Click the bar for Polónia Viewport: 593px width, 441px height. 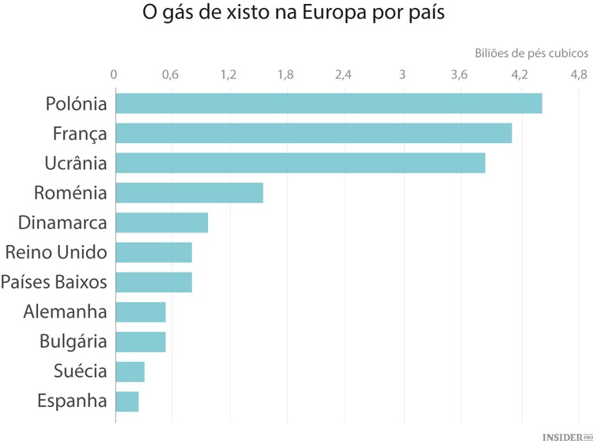point(328,104)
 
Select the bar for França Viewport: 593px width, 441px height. point(313,133)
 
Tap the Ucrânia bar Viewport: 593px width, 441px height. point(300,163)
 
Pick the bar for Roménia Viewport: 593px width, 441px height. point(189,193)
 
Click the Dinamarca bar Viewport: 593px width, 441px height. point(161,223)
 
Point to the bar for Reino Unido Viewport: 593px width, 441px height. point(153,252)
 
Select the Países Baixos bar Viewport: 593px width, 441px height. point(153,282)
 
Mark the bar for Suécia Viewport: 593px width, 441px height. point(130,371)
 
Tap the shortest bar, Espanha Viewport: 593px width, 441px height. point(127,401)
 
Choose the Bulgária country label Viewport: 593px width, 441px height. point(73,341)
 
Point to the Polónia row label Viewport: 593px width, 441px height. point(76,104)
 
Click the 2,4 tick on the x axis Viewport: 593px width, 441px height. point(343,75)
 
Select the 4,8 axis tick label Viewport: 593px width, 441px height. point(578,75)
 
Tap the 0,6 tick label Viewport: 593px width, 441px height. point(169,75)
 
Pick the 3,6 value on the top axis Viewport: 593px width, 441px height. point(459,75)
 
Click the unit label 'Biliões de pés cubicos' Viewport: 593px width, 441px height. point(531,53)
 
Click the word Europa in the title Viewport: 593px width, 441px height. point(338,14)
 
